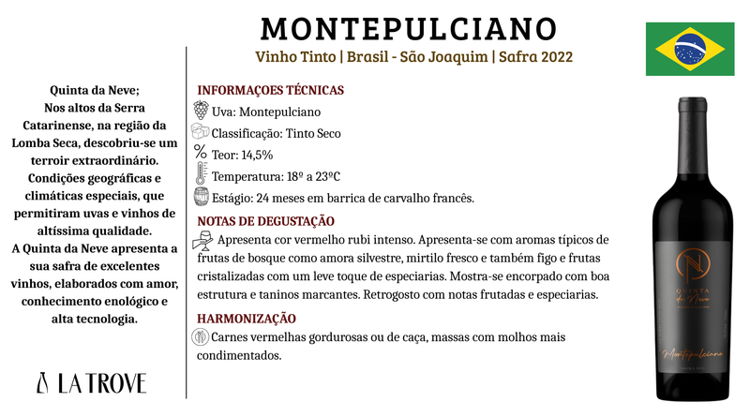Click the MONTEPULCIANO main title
(x=408, y=27)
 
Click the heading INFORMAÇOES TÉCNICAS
(x=270, y=91)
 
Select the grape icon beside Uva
(x=201, y=110)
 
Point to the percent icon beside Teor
(x=200, y=153)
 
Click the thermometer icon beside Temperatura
(x=201, y=175)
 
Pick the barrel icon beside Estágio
(x=201, y=197)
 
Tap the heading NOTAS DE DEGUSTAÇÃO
(x=265, y=220)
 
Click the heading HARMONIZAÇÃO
(x=247, y=319)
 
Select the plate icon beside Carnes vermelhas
(x=202, y=337)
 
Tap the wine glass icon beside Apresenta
(x=202, y=242)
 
